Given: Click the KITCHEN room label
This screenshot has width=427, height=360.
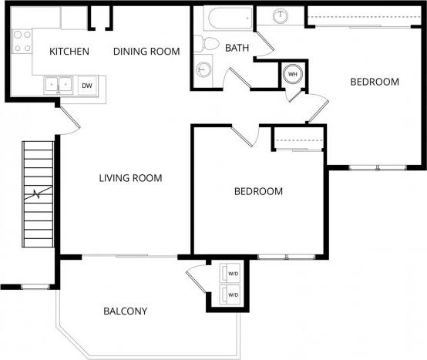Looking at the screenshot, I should point(69,52).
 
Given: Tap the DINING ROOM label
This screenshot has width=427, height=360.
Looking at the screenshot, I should point(146,52).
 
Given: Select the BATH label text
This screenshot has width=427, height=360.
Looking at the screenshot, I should point(237,48).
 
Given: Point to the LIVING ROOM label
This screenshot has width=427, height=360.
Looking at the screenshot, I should point(130,178).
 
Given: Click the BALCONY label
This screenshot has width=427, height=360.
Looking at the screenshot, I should point(125,311).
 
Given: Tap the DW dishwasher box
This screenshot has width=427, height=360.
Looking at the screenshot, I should point(87,86).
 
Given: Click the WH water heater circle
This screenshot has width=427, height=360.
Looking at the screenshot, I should point(293,75).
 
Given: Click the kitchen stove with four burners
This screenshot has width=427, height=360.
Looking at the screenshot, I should point(21,40).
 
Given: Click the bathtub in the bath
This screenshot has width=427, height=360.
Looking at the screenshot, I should point(229,19).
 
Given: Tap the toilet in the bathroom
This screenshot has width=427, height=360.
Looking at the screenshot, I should point(203,42).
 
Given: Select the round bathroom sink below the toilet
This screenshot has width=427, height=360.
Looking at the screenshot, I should point(203,69).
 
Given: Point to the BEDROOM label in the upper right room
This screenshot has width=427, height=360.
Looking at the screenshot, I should point(374,82).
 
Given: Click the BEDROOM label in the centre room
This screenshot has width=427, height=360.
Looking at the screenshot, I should point(258,191).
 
